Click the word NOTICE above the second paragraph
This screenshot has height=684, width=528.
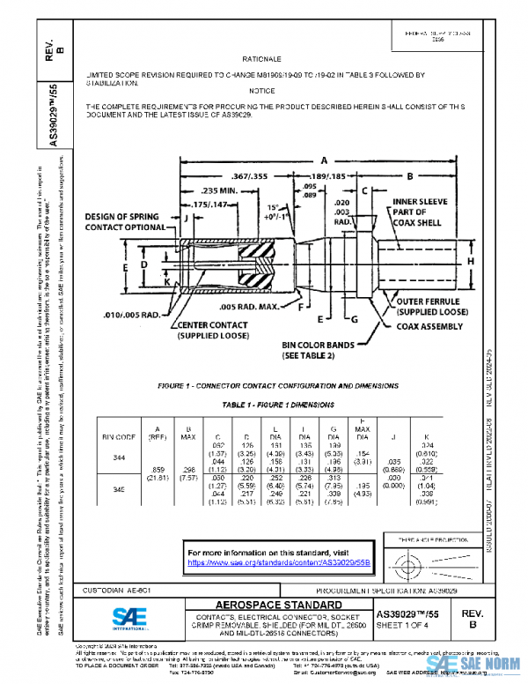(x=262, y=91)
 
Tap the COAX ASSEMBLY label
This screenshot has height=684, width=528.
(x=429, y=326)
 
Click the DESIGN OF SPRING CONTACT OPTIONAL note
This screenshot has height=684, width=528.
(x=129, y=221)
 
